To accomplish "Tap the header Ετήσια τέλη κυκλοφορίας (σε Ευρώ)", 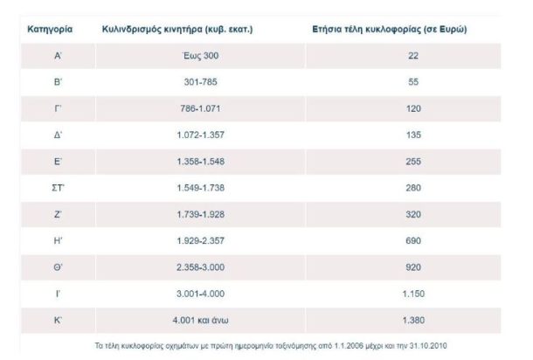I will [x=389, y=29].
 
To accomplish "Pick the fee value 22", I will [x=413, y=55].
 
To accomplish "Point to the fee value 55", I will [x=413, y=82].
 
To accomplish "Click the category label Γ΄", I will [x=57, y=108].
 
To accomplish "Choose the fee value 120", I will [x=413, y=108].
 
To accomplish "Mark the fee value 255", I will [x=413, y=162].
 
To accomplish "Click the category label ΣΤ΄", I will [x=57, y=188].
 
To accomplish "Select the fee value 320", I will [x=413, y=214].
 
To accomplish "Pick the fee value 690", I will [x=413, y=240].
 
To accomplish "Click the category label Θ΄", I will [x=57, y=267].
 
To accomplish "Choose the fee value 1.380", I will [x=413, y=320].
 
